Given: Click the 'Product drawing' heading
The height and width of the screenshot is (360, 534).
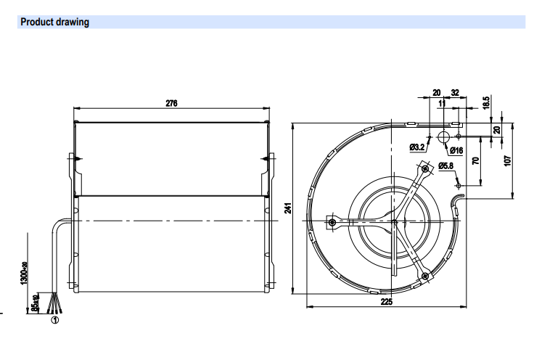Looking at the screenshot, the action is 55,22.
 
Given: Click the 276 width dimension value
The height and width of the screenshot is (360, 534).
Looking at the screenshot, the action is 171,103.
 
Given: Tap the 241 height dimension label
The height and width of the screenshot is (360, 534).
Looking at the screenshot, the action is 288,208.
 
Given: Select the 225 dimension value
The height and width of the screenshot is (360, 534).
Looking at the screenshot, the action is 387,301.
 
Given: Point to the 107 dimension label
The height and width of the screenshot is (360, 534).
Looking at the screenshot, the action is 507,160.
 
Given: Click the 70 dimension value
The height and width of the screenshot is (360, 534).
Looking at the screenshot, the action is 476,160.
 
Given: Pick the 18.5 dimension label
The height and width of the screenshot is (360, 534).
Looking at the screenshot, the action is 486,102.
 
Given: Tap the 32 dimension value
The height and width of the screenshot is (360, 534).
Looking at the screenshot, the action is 455,92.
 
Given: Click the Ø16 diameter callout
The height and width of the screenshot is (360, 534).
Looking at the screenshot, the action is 456,150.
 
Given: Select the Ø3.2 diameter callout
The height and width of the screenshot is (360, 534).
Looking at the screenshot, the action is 417,147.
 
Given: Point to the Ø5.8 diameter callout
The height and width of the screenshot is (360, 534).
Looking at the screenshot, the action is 446,166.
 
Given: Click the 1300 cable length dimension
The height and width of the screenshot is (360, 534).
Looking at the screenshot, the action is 25,272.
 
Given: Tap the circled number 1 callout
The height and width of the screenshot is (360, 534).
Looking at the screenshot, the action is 55,320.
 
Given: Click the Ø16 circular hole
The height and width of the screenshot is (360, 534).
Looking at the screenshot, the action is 443,137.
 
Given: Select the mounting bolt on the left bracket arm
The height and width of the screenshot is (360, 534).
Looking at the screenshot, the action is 332,223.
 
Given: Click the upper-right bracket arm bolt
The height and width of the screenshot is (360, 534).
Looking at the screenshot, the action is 425,168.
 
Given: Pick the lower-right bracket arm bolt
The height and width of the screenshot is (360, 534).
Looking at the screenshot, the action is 424,276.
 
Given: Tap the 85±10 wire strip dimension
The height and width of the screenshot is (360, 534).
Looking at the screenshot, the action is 35,303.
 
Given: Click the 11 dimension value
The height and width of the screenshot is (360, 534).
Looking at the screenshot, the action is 442,103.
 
